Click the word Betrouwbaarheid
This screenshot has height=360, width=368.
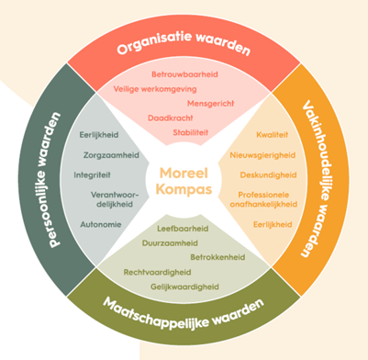[x=183, y=75]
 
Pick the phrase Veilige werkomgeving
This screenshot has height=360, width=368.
[x=155, y=90]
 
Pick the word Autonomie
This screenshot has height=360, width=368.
[x=100, y=223]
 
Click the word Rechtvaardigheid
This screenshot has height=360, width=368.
[x=158, y=272]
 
